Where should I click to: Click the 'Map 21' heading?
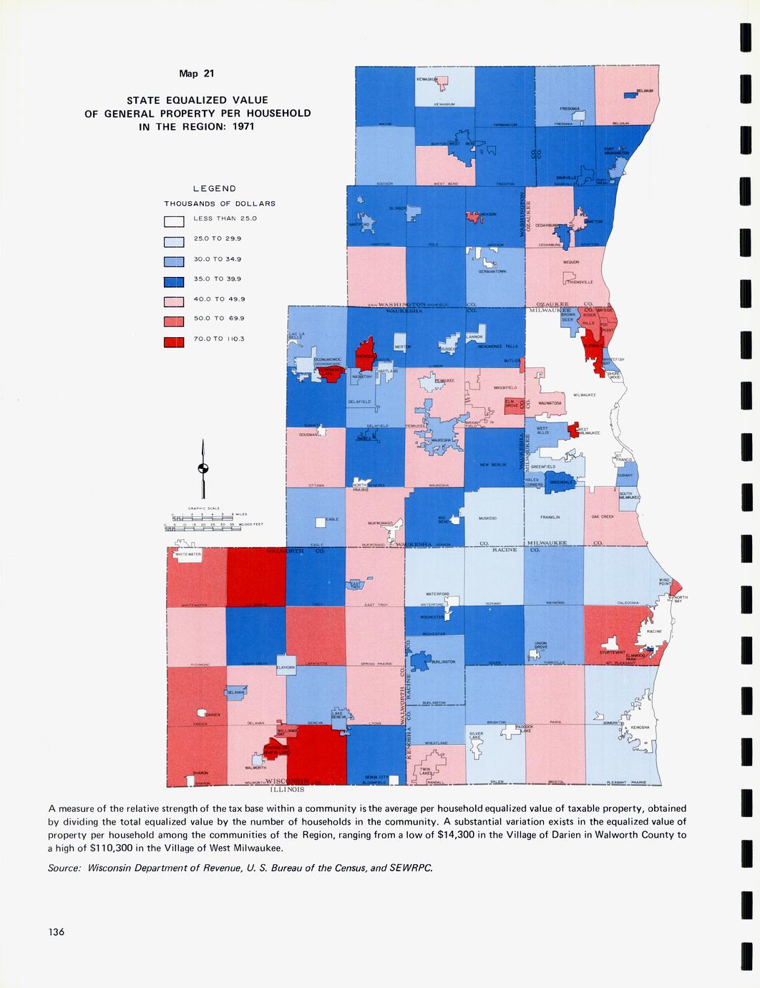pos(197,73)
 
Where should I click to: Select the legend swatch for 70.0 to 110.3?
pos(175,340)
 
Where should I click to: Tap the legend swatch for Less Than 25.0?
pos(175,220)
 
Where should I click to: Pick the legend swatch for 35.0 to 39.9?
pos(175,280)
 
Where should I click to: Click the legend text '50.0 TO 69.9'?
pos(224,319)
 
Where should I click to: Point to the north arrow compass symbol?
pos(204,470)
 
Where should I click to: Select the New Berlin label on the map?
pos(494,465)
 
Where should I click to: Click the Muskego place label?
pos(489,518)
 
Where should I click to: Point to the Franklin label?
pos(550,517)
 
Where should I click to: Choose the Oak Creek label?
pos(603,517)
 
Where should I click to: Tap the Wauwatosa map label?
pos(550,403)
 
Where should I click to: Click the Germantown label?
pos(493,272)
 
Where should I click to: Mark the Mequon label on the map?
pos(571,263)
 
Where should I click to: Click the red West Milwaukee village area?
pos(573,430)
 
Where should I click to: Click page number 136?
pos(57,931)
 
